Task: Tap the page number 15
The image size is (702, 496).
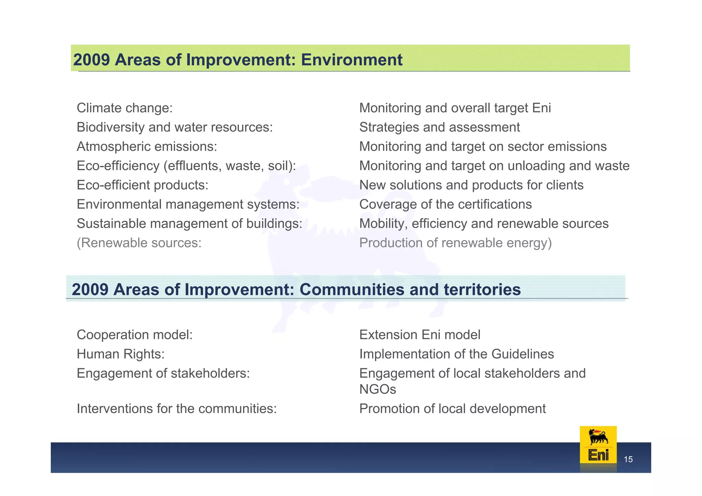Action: [x=628, y=459]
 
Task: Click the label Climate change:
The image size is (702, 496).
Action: [x=125, y=108]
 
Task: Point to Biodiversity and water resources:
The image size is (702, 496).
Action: [x=174, y=127]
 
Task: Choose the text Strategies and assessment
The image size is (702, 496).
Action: [x=439, y=127]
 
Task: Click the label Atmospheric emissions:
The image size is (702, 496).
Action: [x=147, y=147]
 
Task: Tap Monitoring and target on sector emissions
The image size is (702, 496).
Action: [x=483, y=147]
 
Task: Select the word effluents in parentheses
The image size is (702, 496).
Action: [x=193, y=166]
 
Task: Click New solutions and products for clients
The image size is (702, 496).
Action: [x=471, y=185]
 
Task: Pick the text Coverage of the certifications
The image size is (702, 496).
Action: [x=445, y=204]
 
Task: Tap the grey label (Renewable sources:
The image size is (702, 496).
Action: [x=139, y=243]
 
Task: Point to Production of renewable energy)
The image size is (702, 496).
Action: [x=455, y=243]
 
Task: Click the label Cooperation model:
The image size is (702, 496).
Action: [x=135, y=335]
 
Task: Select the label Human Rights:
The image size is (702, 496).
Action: [x=121, y=354]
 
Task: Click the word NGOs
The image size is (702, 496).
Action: [x=377, y=389]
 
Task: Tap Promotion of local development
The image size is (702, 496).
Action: [x=452, y=409]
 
